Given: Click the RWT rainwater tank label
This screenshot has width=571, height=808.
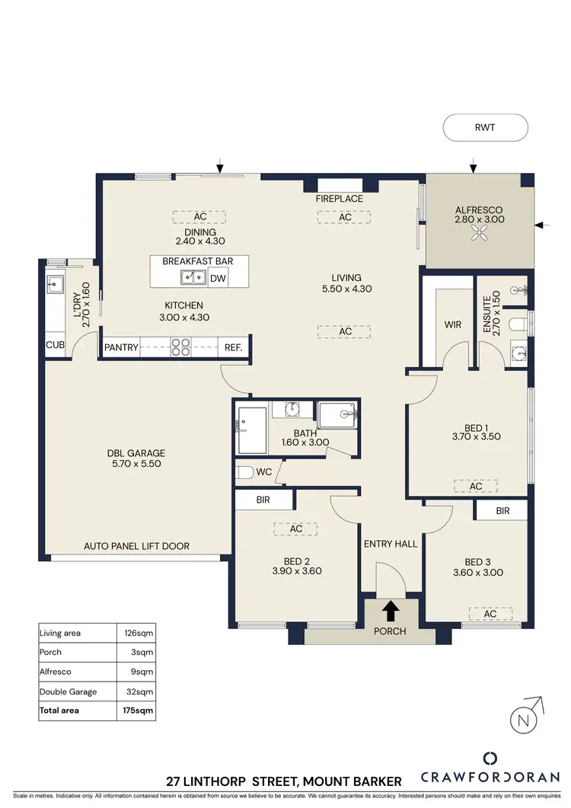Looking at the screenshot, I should [485, 128].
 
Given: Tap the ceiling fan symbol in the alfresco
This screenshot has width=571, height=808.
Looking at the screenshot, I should [480, 237].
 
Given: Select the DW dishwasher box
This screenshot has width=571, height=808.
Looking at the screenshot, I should [218, 278].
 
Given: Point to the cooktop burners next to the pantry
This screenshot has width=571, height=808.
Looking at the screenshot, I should [180, 347].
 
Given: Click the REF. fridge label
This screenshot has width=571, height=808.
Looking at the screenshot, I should [233, 348].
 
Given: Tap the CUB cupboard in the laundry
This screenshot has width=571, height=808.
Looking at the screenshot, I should [55, 346].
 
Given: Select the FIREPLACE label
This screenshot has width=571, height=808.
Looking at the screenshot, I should [340, 199].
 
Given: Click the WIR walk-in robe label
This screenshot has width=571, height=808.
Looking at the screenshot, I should [453, 324].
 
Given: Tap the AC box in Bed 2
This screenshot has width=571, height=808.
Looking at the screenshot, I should [296, 529].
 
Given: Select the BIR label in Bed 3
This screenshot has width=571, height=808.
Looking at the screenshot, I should [502, 511].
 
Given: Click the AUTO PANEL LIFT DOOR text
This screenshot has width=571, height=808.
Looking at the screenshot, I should [137, 546].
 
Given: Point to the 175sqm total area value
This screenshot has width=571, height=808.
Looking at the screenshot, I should [139, 710].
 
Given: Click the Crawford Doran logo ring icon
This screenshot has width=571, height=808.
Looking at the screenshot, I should [491, 758].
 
